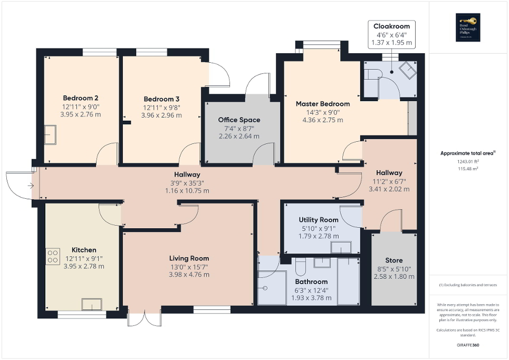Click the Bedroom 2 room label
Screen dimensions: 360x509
tap(81, 98)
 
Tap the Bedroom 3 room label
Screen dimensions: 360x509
tap(161, 99)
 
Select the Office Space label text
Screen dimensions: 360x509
tap(239, 120)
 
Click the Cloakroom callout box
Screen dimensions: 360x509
tap(392, 35)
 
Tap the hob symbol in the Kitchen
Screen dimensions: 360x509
tap(53, 256)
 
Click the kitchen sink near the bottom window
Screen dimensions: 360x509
tap(92, 305)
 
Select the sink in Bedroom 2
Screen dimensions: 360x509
tap(51, 135)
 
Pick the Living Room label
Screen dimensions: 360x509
tap(189, 258)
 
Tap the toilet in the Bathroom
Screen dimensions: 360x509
tap(301, 268)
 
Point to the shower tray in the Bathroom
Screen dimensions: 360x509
tap(271, 287)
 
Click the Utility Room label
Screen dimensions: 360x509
tap(318, 219)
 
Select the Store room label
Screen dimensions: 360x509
tap(393, 260)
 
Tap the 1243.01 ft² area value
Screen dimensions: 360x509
tap(468, 161)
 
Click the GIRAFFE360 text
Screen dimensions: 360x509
tap(468, 345)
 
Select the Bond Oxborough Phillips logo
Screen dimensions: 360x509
tap(468, 27)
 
